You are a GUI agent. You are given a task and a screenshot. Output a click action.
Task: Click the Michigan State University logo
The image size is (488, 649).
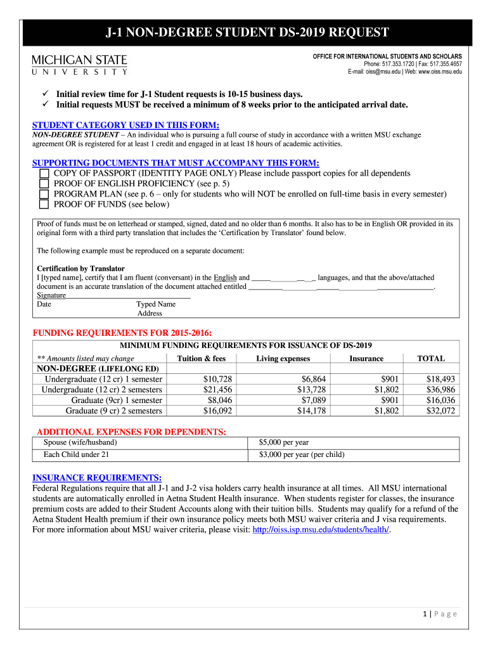79,65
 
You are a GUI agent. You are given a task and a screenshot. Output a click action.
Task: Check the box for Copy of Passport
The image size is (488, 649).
44,174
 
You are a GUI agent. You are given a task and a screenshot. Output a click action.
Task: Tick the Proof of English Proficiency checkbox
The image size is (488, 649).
44,184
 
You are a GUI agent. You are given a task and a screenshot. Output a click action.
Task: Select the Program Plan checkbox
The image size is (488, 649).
44,194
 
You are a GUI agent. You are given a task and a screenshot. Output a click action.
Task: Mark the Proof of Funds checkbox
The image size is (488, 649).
44,205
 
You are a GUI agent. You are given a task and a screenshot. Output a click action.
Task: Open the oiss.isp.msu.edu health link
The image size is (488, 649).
321,529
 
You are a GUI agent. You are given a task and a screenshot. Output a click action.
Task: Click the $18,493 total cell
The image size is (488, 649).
440,379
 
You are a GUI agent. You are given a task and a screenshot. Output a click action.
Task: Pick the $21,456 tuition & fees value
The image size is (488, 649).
216,390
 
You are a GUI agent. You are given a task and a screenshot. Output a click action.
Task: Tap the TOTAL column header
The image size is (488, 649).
430,359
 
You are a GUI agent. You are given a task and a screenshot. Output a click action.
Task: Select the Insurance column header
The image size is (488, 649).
366,359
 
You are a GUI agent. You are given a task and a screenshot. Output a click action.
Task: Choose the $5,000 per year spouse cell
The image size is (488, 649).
284,442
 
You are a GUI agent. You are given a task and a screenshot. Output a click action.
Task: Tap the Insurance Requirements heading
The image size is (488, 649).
97,477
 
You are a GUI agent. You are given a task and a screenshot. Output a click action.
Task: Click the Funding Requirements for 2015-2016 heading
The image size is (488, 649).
122,333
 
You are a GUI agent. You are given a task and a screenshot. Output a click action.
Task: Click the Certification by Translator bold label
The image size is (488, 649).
80,269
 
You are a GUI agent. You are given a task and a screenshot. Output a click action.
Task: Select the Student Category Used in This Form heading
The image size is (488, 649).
125,125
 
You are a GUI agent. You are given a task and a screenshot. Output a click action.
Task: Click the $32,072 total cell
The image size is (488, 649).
440,411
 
